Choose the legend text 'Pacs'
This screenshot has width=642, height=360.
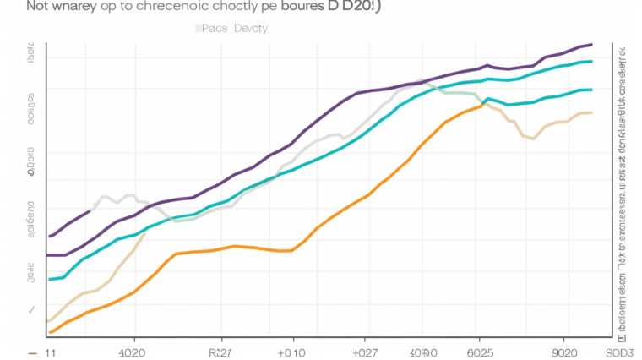coord(210,28)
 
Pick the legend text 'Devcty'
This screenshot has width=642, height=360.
coord(252,28)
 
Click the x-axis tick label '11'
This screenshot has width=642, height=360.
coord(51,352)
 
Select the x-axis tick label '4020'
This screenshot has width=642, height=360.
coord(132,352)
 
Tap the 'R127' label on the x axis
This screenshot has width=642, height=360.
coord(221,352)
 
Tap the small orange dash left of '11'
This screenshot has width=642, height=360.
coord(32,352)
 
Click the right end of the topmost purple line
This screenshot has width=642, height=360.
coord(591,44)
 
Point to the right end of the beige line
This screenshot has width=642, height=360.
coord(591,112)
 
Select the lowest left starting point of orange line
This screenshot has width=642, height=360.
coord(50,332)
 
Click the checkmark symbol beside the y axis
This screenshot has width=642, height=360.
coord(32,310)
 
